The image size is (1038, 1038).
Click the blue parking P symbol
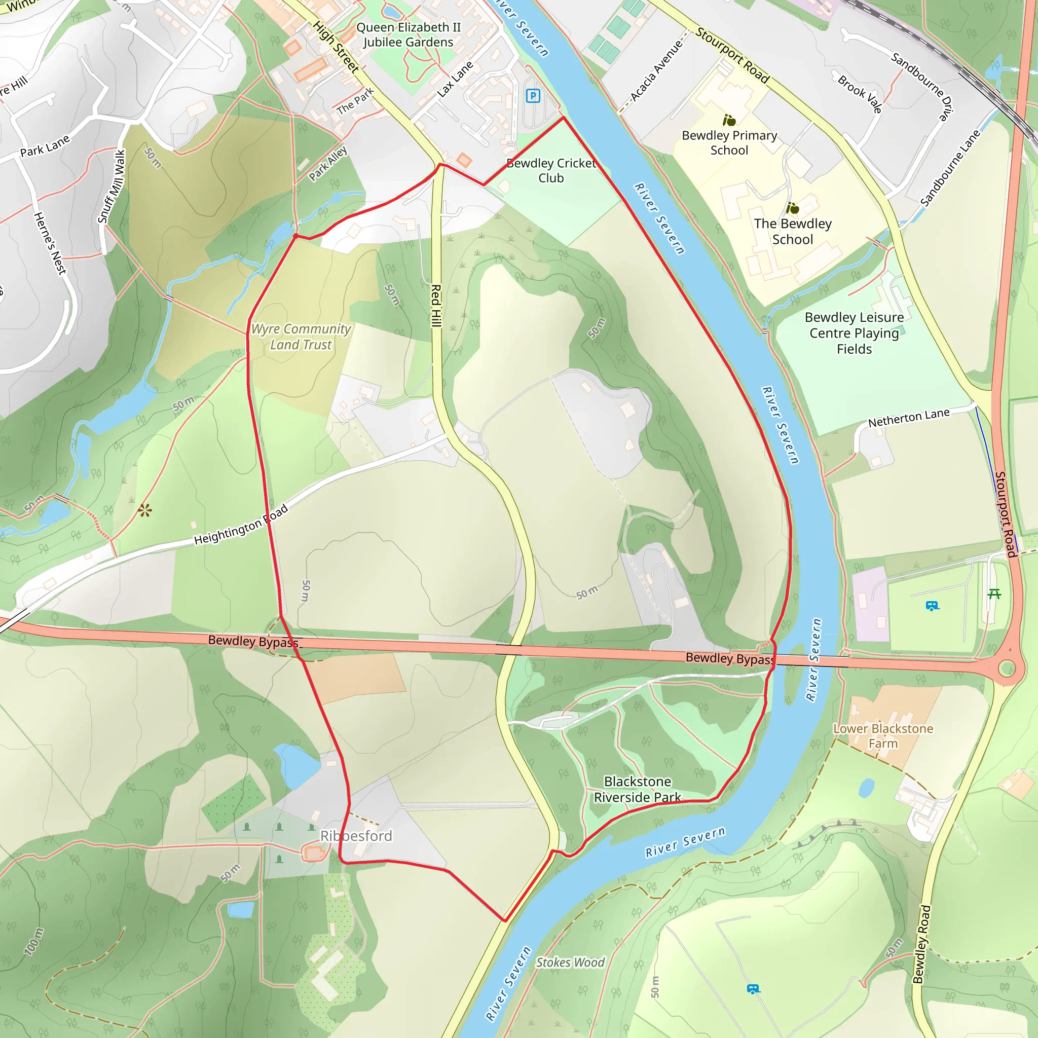[x=533, y=96]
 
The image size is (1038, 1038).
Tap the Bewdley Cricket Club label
[x=551, y=171]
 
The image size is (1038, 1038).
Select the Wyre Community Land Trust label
[x=301, y=337]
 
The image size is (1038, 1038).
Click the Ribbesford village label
[x=356, y=836]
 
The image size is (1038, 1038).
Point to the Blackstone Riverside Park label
[x=637, y=789]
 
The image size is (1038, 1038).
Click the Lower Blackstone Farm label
[x=883, y=736]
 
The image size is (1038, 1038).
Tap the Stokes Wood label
[x=570, y=962]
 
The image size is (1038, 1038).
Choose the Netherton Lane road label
[x=909, y=418]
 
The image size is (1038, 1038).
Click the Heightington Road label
[x=241, y=525]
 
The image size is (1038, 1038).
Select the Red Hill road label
[x=436, y=306]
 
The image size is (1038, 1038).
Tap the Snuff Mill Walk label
[x=112, y=187]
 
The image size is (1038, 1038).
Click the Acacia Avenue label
[x=656, y=70]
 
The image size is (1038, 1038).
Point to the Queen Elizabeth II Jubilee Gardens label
[x=409, y=34]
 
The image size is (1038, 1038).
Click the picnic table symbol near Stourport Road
[x=994, y=594]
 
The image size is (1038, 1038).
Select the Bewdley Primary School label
[x=729, y=143]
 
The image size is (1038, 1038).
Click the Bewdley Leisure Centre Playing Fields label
[x=854, y=333]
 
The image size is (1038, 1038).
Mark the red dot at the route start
[x=295, y=236]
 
